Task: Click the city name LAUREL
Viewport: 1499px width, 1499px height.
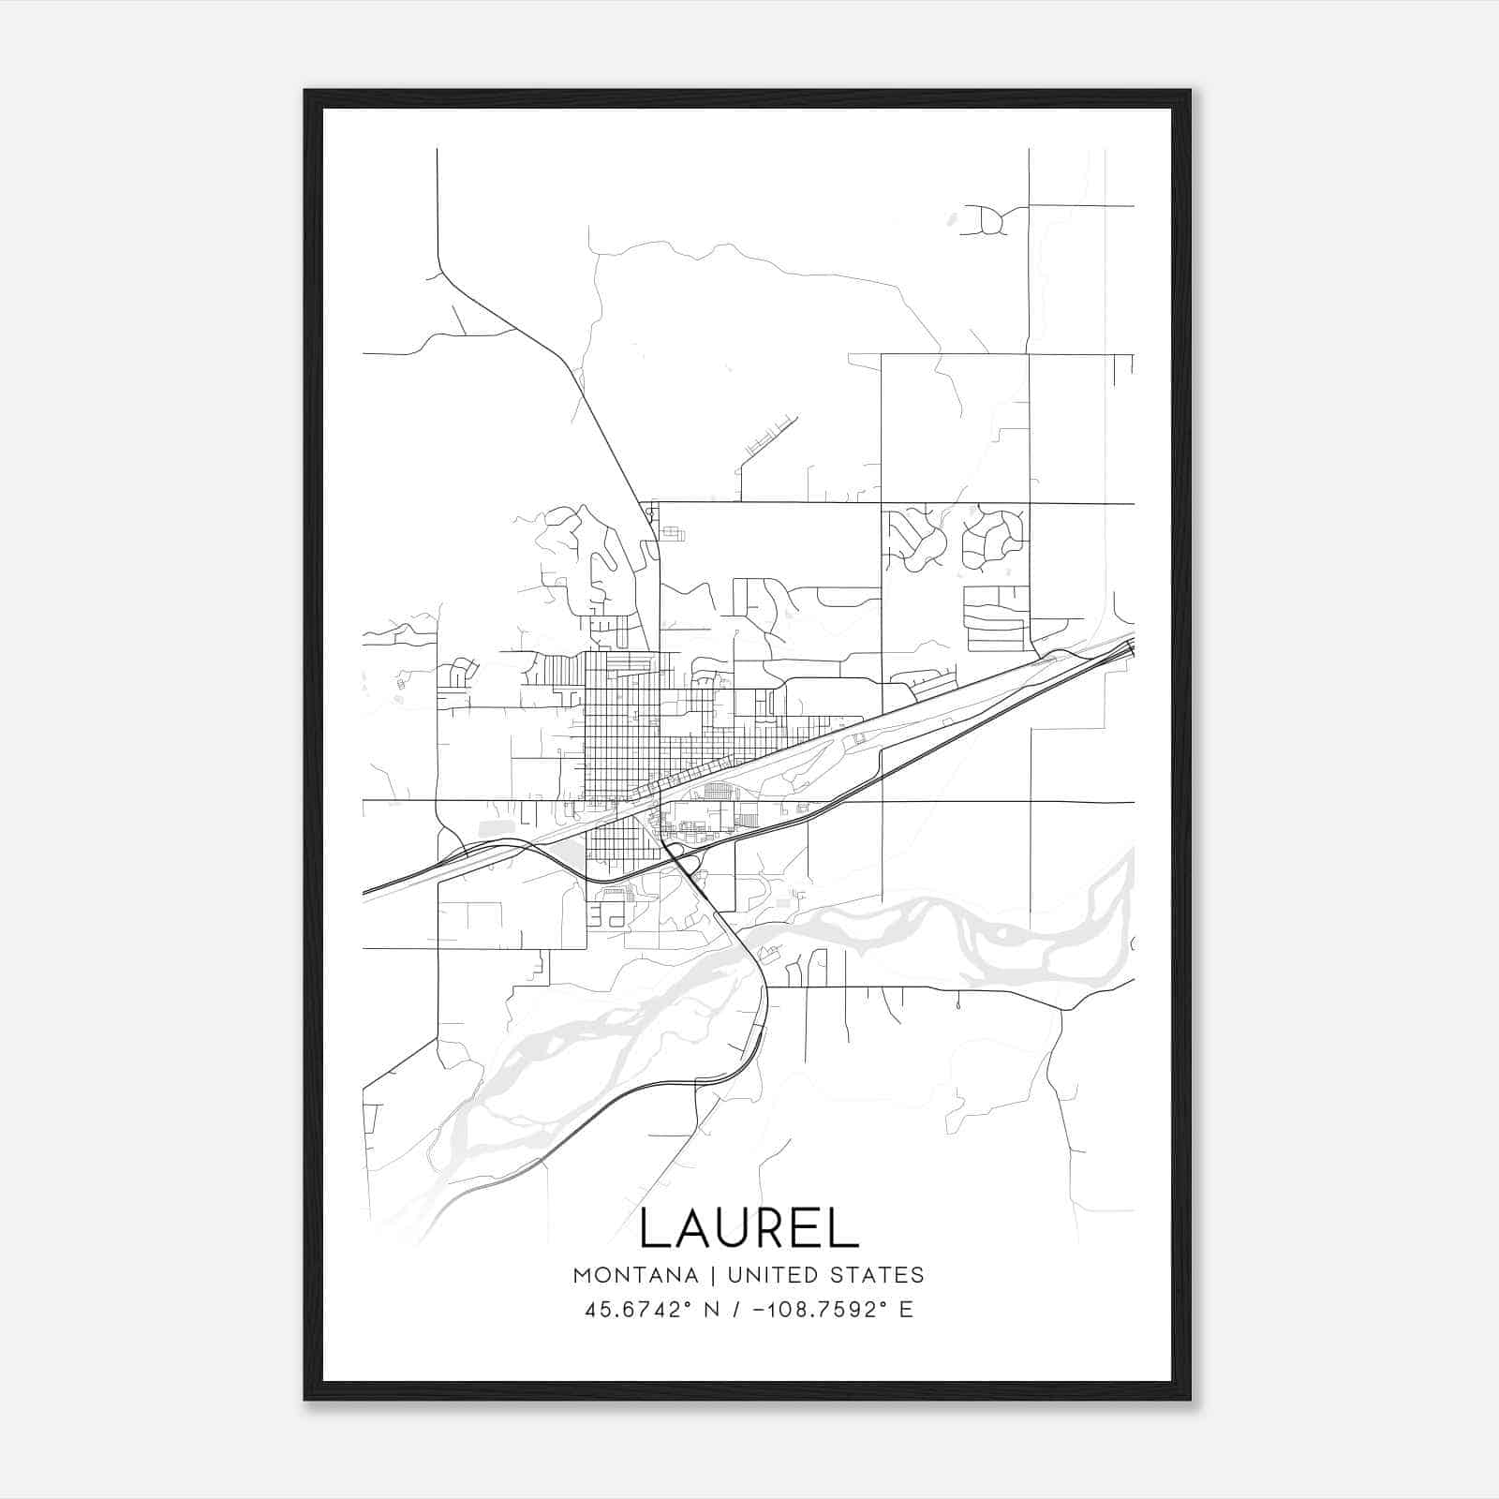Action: point(749,1228)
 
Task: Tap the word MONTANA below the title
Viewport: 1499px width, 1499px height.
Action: point(635,1275)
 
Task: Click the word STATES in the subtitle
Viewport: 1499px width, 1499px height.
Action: point(879,1275)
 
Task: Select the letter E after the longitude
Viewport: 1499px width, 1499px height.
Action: point(906,1310)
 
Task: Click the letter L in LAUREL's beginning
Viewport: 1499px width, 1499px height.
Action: point(653,1228)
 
